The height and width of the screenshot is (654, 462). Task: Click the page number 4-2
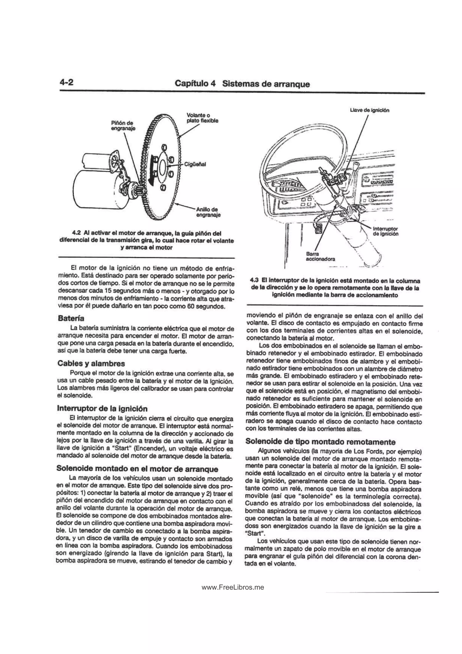pos(67,82)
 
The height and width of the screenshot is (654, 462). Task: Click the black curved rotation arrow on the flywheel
pos(151,170)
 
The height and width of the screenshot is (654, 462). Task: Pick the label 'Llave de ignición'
pos(370,110)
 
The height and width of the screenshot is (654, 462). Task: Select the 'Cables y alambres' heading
pos(91,364)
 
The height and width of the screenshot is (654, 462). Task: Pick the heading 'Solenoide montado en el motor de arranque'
pos(137,469)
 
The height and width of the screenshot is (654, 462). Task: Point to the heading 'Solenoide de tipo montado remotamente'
pos(320,442)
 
